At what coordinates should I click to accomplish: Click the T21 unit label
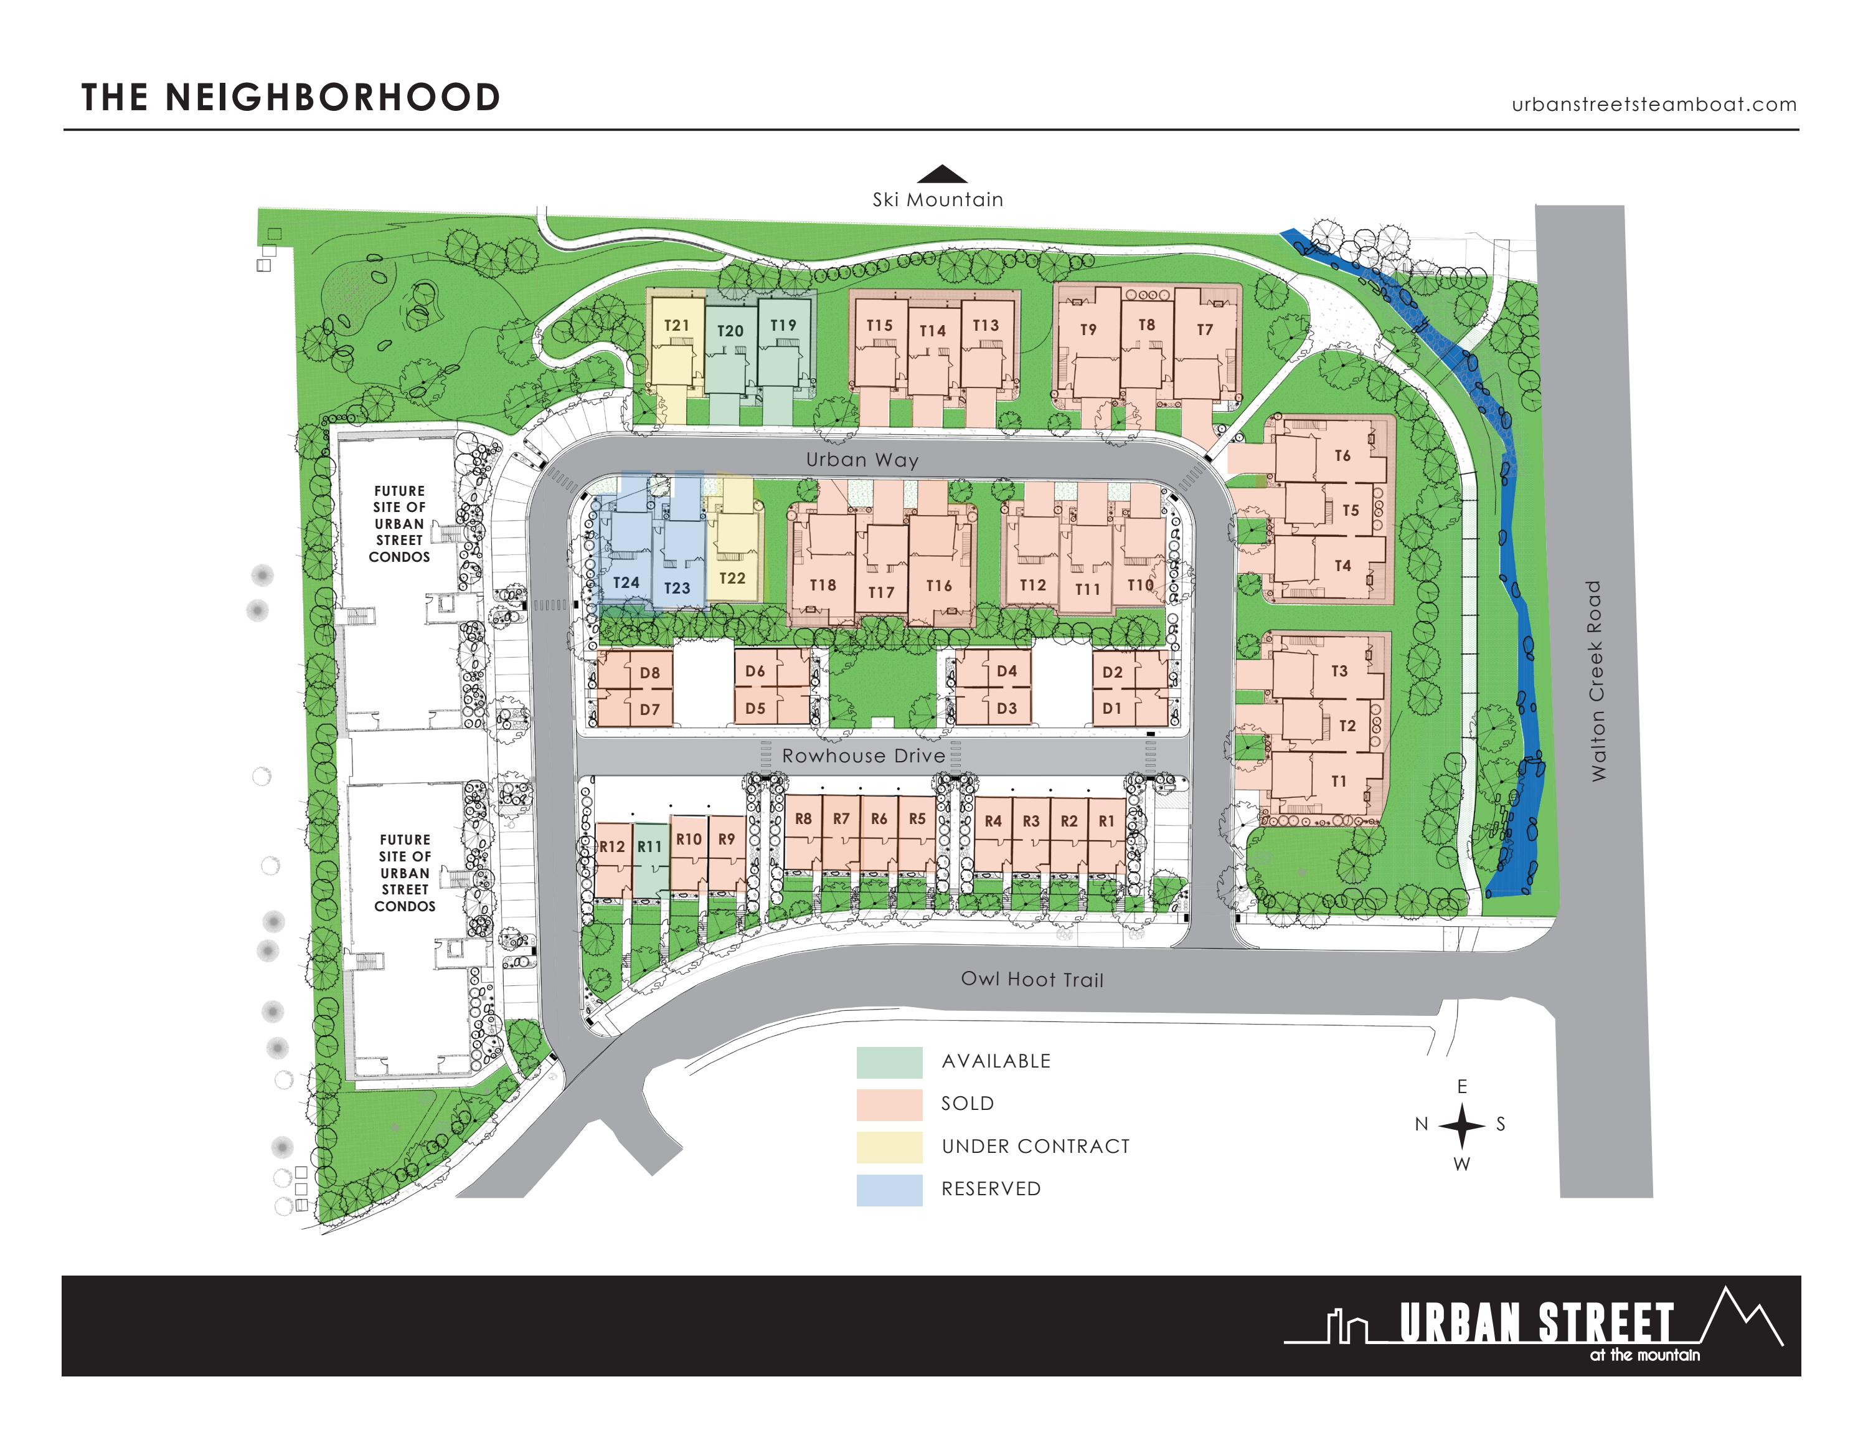(676, 325)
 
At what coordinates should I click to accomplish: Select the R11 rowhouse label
(649, 846)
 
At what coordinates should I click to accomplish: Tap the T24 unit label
(626, 582)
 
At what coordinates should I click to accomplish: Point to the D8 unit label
(650, 672)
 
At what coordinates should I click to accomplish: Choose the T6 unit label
(1342, 455)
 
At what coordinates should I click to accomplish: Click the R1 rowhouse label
(1106, 821)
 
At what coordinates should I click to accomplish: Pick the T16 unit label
(938, 585)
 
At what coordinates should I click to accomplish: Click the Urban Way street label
(862, 460)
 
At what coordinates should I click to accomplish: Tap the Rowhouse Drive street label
(863, 756)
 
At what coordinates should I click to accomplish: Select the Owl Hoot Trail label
(1032, 979)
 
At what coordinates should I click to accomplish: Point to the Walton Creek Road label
(1596, 680)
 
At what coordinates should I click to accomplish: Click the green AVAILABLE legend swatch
(889, 1062)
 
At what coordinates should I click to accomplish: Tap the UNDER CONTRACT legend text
(1035, 1147)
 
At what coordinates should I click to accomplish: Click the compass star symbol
(1462, 1125)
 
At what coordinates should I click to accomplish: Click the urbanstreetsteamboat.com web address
(1654, 105)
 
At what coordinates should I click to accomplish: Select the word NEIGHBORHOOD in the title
(333, 97)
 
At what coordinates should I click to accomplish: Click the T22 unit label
(732, 577)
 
